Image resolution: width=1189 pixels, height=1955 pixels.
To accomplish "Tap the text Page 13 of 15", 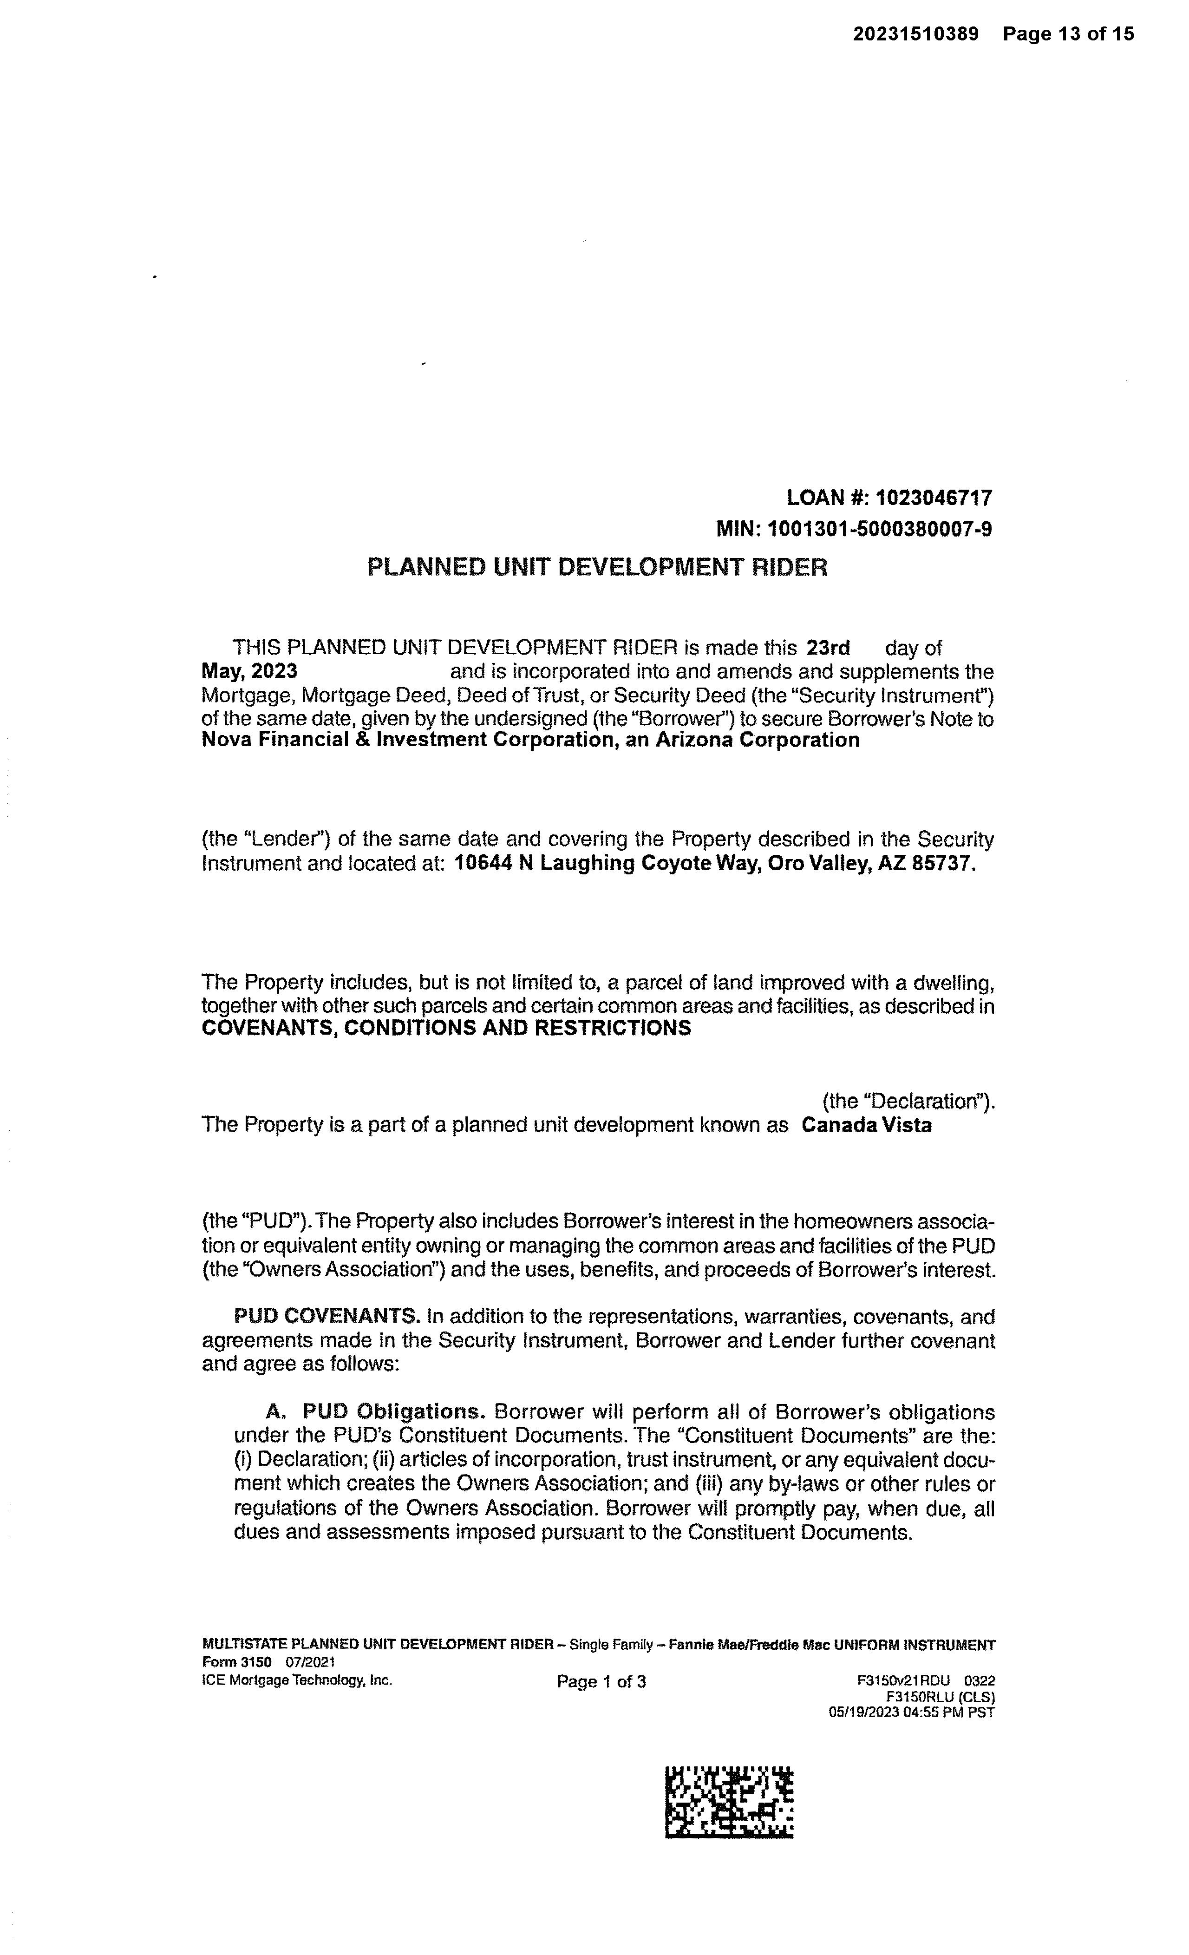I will click(1068, 34).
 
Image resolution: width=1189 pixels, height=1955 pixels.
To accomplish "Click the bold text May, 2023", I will click(249, 671).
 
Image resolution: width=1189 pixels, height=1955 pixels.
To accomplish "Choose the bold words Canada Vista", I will click(866, 1125).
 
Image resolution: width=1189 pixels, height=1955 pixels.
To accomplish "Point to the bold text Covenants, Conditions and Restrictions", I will click(446, 1028).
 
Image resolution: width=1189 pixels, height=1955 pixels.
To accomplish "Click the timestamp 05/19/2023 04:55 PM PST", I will click(911, 1712).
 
